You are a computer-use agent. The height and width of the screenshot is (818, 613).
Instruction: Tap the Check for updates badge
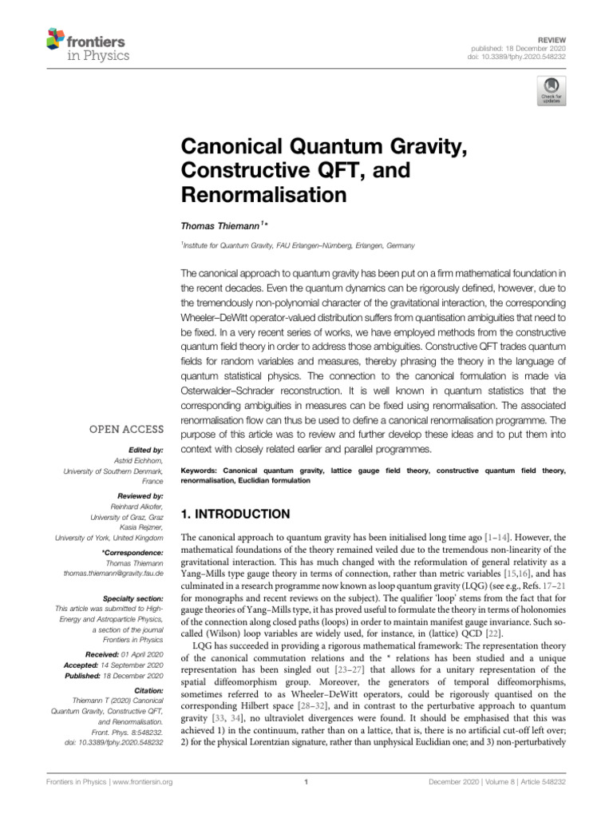click(x=552, y=92)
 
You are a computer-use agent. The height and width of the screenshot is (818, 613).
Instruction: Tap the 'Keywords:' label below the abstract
click(x=201, y=471)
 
